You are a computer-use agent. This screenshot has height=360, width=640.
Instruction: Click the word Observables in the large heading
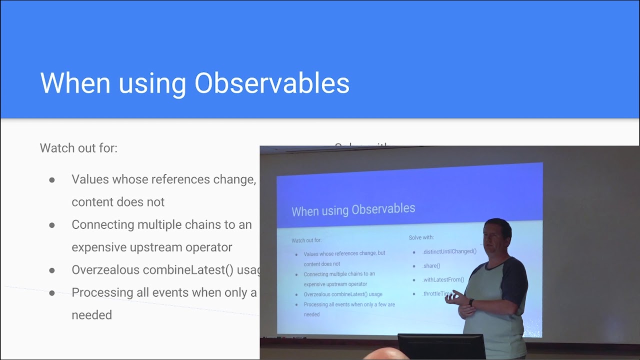coord(271,83)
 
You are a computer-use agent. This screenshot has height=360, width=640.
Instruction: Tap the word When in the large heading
coord(75,83)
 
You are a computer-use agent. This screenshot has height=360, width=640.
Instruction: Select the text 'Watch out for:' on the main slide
coord(78,148)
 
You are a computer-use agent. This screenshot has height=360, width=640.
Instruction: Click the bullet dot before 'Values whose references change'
coord(52,179)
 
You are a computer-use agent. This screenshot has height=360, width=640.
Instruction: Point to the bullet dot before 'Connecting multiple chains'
coord(52,225)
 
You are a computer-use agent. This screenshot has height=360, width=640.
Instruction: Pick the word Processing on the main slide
coord(102,292)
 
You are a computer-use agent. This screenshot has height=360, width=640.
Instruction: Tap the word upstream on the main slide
coord(158,247)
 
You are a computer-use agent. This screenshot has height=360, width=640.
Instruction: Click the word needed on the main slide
coord(91,315)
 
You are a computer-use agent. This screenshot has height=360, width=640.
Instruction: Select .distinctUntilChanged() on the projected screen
coord(449,251)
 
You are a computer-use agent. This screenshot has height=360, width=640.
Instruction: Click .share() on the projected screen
coord(431,266)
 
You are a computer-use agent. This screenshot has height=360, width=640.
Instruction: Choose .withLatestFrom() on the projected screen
coord(443,280)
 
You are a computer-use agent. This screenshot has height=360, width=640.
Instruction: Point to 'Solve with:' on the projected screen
coord(421,237)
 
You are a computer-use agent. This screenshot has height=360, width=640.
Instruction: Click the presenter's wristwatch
coord(471,302)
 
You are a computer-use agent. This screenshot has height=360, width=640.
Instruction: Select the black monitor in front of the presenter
coord(441,346)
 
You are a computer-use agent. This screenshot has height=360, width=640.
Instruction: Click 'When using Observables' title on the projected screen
coord(353,209)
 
